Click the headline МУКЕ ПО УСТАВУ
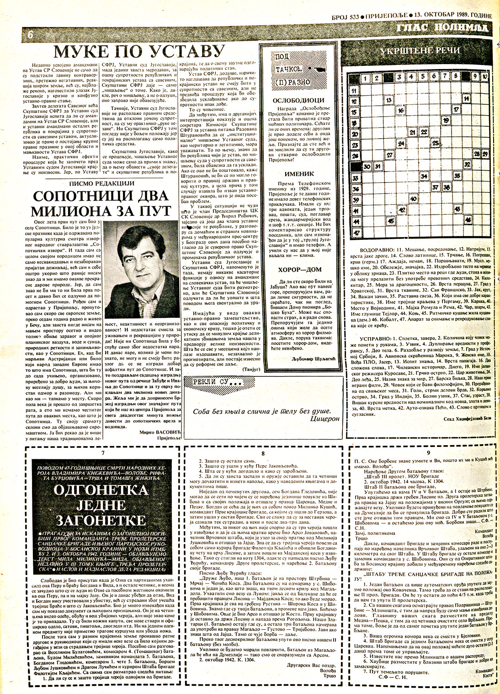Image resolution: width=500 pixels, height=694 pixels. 139,51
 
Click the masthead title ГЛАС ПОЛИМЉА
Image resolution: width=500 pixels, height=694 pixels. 441,28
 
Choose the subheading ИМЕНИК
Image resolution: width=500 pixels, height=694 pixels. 299,174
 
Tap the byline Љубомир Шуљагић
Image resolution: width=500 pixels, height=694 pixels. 313,346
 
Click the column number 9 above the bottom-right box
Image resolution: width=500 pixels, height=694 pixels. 428,453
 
